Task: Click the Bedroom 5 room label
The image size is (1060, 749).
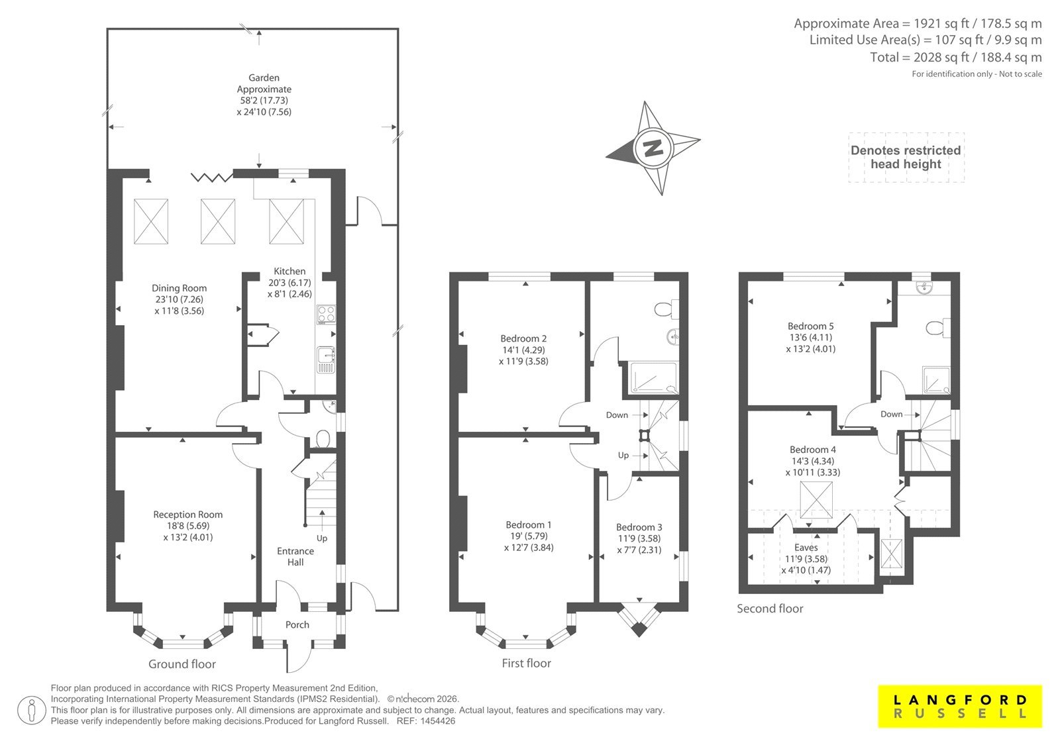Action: [811, 326]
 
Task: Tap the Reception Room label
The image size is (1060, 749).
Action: [188, 515]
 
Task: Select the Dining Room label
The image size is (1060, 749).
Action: [179, 287]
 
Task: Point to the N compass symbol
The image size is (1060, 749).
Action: [653, 148]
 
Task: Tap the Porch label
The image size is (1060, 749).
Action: [297, 624]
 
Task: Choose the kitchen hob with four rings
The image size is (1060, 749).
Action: [326, 314]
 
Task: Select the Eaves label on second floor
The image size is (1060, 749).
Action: [806, 548]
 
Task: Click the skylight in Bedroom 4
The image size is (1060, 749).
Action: [816, 499]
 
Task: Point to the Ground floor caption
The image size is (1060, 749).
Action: [182, 664]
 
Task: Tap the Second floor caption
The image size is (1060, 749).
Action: [770, 609]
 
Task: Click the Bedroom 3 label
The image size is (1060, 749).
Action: [639, 527]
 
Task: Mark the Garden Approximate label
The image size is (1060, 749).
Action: [264, 83]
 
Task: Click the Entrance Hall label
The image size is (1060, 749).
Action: [295, 556]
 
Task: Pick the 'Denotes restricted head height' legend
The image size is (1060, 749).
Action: [906, 157]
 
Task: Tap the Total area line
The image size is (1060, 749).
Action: [955, 57]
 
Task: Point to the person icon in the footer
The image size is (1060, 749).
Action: [31, 710]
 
